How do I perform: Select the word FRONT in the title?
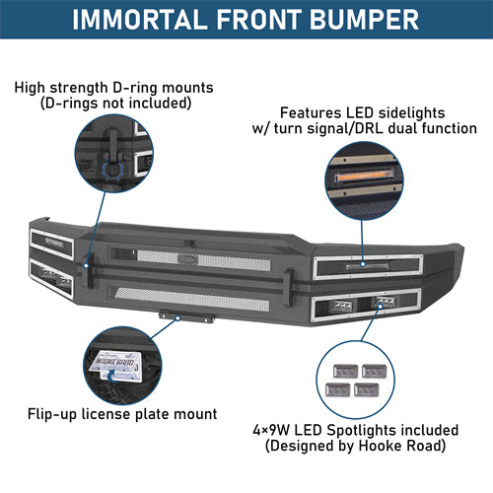[x=255, y=21]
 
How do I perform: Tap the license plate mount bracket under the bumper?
[x=183, y=317]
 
